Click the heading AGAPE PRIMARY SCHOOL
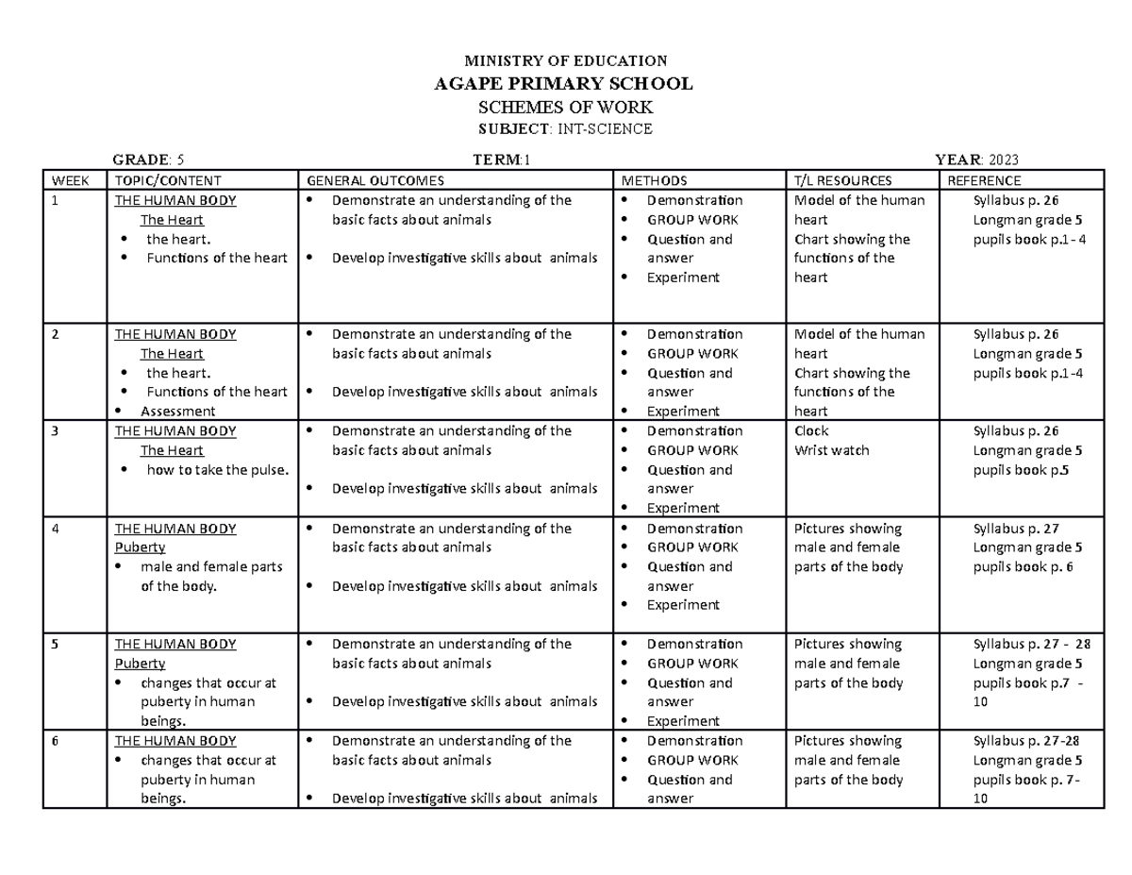pos(562,83)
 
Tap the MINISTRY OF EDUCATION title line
pos(562,60)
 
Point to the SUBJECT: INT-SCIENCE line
pos(562,128)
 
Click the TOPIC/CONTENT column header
pos(167,180)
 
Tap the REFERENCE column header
pos(984,180)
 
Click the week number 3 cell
pos(55,431)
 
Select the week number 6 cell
pos(55,741)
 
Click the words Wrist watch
pos(832,450)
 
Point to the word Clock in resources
pos(812,431)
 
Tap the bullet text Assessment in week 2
pos(177,411)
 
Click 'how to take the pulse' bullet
pos(217,469)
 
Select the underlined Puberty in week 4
pos(139,547)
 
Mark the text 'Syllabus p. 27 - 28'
pos(1031,644)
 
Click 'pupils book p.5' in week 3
pos(1020,469)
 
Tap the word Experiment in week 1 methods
pos(683,278)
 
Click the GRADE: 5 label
pos(155,159)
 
